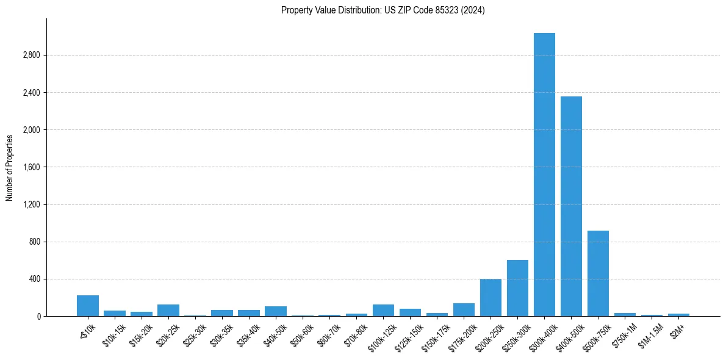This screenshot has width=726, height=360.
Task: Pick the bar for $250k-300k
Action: click(517, 288)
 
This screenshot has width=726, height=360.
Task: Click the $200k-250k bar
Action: click(491, 298)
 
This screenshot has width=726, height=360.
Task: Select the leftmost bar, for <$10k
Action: click(88, 306)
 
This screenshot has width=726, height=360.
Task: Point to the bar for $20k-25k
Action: click(168, 310)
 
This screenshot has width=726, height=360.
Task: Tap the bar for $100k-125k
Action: click(383, 310)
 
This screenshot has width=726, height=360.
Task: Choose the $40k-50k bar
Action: click(276, 311)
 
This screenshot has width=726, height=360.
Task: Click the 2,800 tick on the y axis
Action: click(31, 56)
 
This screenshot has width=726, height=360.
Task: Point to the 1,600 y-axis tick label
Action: click(31, 167)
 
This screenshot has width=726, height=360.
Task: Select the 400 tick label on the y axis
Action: click(34, 279)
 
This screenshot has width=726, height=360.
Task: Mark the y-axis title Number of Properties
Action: click(10, 167)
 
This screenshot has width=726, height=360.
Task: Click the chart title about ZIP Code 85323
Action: click(383, 10)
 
